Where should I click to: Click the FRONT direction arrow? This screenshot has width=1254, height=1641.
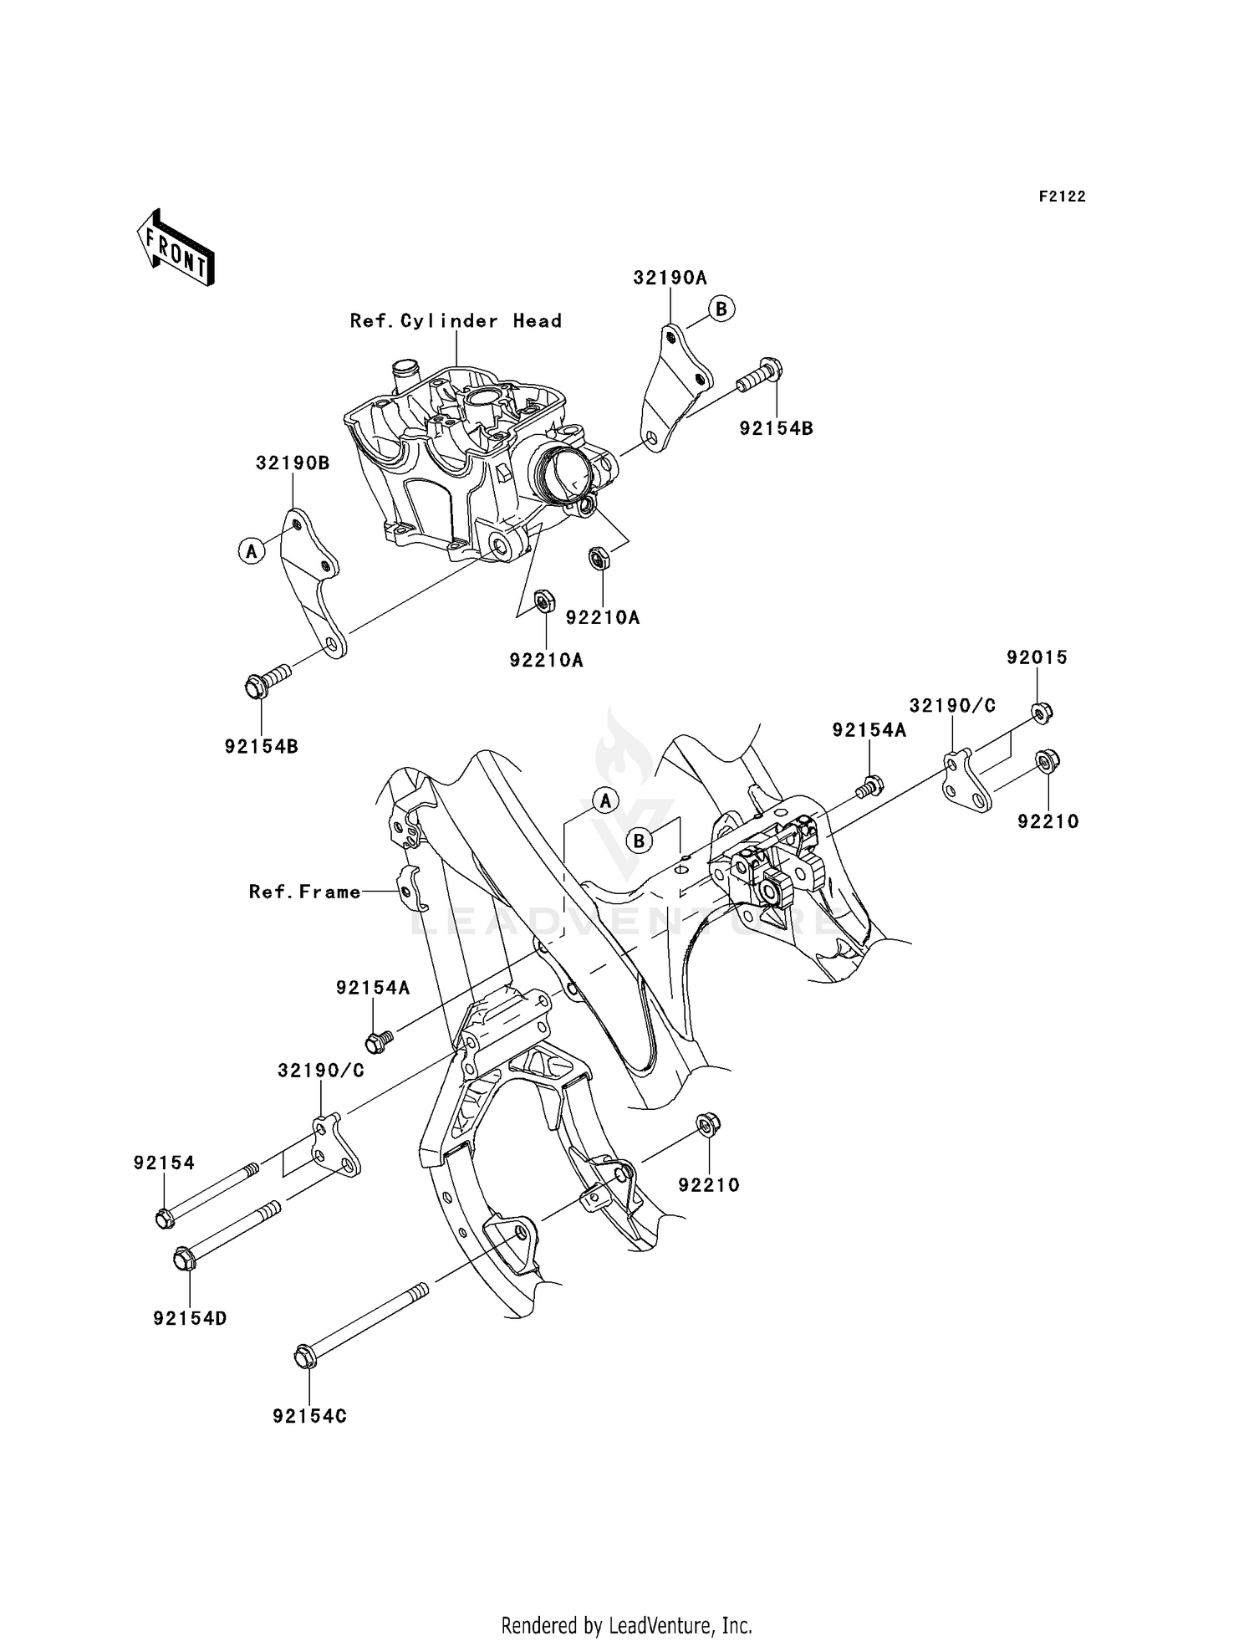(176, 248)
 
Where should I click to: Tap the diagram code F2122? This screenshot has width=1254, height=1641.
(1062, 197)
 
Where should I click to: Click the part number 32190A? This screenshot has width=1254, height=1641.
(670, 279)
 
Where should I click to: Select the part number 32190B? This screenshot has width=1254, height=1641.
(293, 463)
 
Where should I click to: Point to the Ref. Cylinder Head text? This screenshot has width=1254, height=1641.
(456, 321)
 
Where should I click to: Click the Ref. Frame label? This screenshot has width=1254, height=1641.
(305, 892)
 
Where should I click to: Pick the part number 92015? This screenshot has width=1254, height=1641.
(1037, 657)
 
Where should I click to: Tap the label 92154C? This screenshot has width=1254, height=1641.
(309, 1416)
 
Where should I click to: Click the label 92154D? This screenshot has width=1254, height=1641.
(191, 1319)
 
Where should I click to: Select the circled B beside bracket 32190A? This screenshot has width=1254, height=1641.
(721, 308)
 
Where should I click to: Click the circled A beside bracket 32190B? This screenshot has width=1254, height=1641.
(251, 550)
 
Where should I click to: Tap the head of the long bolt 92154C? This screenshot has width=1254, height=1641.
(305, 1357)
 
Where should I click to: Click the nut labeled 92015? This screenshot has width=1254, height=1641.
(1041, 713)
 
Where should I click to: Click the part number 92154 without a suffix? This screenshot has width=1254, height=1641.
(164, 1163)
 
